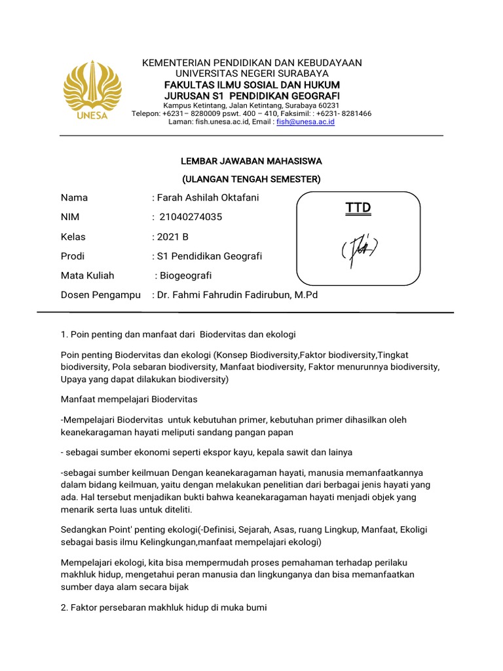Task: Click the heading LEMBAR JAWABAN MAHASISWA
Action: pos(251,161)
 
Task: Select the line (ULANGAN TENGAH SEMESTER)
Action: pos(251,178)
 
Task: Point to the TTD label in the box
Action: pos(358,208)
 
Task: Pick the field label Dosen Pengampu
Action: pos(101,296)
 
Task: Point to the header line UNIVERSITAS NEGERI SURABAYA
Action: pos(252,73)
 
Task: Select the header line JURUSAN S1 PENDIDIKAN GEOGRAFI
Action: pos(252,96)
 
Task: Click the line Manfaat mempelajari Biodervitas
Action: pos(129,399)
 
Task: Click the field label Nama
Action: pos(74,197)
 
